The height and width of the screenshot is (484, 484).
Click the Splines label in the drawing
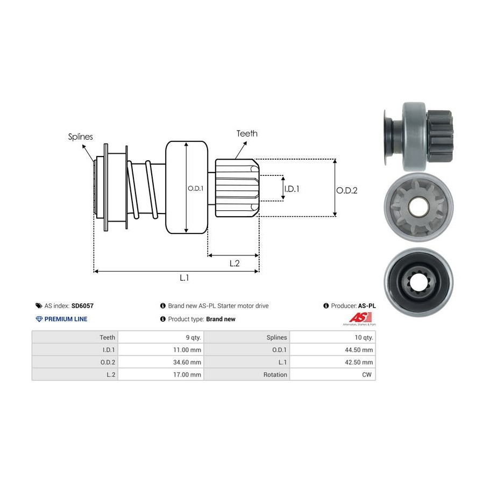click(80, 137)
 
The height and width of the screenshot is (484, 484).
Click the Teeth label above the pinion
click(247, 133)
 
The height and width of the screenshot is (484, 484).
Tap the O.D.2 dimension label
click(347, 190)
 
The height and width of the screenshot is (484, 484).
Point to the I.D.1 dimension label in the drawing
click(291, 189)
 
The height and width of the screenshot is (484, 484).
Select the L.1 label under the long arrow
click(184, 278)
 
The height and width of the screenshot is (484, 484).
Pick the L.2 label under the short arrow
click(234, 264)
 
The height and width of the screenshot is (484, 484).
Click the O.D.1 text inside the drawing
click(196, 188)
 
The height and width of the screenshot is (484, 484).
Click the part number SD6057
click(82, 305)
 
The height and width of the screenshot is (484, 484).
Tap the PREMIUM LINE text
click(66, 319)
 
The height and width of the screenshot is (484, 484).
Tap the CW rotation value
click(367, 374)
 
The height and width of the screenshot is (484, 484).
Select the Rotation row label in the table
click(275, 374)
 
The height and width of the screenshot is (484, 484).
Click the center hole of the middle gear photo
click(418, 207)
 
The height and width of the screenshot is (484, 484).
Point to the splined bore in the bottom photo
click(418, 281)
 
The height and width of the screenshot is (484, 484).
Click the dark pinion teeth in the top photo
click(440, 136)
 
